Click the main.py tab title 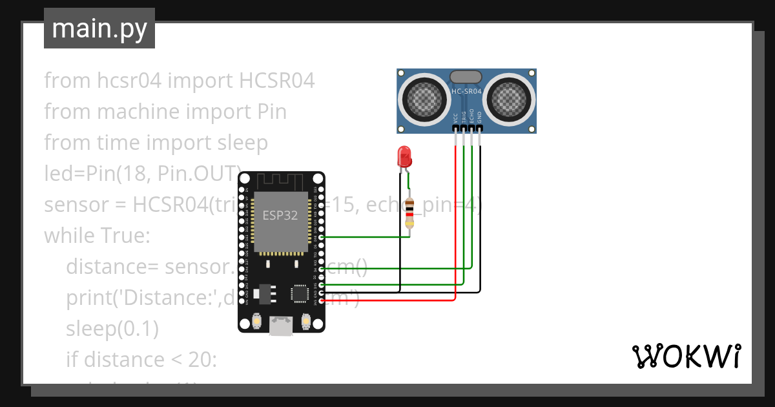point(99,28)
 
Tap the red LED point(405,156)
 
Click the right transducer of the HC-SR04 point(510,98)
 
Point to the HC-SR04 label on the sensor point(466,92)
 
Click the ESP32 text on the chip point(280,215)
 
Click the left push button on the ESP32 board point(256,320)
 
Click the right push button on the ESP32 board point(305,320)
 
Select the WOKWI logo point(685,356)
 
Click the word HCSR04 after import point(277,81)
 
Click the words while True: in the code point(97,235)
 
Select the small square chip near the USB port point(300,293)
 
